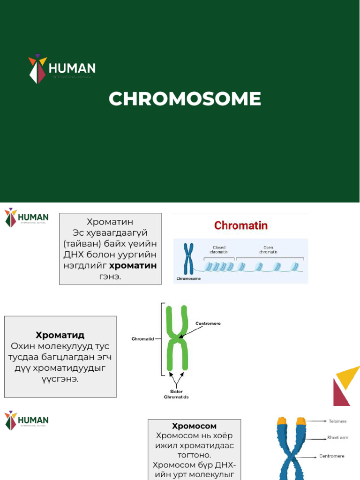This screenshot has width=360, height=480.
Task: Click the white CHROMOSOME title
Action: (x=185, y=99)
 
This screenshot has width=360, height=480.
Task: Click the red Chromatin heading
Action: (x=241, y=225)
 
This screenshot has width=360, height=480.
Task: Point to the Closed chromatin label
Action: (x=219, y=250)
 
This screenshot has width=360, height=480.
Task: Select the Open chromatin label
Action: (x=268, y=250)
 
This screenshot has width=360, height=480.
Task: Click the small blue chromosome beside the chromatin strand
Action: (x=188, y=258)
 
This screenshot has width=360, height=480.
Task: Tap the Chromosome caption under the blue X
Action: (x=188, y=278)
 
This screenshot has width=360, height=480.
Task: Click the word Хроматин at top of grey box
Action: (x=110, y=222)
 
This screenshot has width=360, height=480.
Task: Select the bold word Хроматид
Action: (x=60, y=335)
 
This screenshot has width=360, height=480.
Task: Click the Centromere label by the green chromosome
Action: (x=208, y=323)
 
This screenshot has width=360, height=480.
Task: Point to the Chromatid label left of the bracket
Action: (x=142, y=338)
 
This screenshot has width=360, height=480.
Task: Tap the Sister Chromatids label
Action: (x=176, y=394)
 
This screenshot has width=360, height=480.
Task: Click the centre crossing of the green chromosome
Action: (x=177, y=337)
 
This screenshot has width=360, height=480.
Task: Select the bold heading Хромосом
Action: (x=194, y=426)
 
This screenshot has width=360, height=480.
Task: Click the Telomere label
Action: (x=337, y=421)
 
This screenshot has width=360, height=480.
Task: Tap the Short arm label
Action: (x=337, y=438)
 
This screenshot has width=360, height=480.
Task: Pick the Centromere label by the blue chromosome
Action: (x=332, y=456)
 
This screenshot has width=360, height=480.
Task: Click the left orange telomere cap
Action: (x=282, y=421)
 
